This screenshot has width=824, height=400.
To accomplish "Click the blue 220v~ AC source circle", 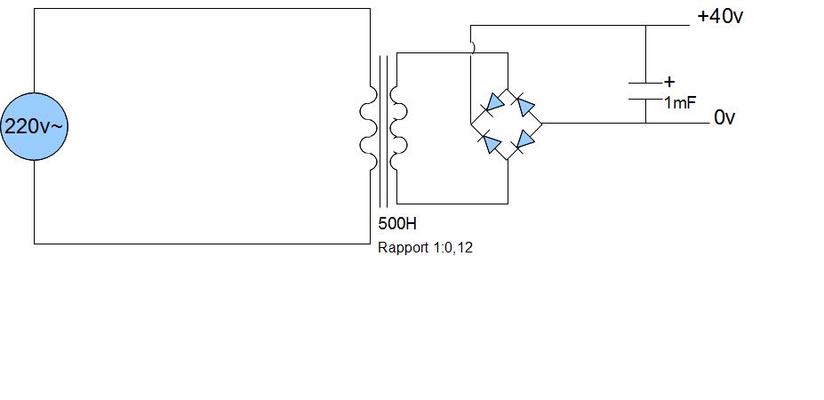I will [34, 126].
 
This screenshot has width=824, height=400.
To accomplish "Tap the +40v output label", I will [720, 17].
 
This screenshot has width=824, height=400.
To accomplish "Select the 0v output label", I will [724, 117].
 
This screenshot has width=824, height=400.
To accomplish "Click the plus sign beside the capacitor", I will [668, 81].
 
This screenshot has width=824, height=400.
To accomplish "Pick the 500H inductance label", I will [396, 223].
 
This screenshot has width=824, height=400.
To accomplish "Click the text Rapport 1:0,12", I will [425, 247].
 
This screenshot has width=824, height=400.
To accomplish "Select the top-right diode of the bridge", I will [525, 107].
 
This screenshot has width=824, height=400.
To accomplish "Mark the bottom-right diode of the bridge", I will [525, 140].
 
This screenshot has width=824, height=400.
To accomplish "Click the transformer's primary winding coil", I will [367, 136].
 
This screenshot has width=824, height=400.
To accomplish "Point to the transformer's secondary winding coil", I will [399, 136].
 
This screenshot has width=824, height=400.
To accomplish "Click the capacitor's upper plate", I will [645, 83].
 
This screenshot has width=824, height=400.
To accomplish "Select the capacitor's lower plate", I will [645, 98].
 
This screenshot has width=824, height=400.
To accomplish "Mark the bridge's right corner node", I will [542, 123].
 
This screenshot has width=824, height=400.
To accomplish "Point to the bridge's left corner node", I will [471, 123].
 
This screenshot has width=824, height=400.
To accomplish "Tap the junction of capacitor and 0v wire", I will [645, 123].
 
